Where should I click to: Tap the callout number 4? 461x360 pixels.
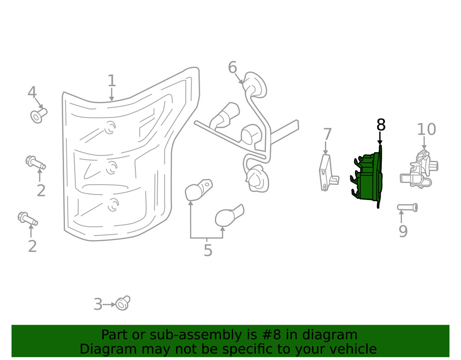pyautogui.click(x=32, y=92)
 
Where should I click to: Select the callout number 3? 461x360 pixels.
pyautogui.click(x=98, y=305)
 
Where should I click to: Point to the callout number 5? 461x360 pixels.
pyautogui.click(x=208, y=250)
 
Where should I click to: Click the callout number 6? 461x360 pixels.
pyautogui.click(x=232, y=67)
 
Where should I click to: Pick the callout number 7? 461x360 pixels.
pyautogui.click(x=327, y=134)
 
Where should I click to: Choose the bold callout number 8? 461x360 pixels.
pyautogui.click(x=381, y=124)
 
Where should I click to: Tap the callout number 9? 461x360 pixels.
pyautogui.click(x=403, y=231)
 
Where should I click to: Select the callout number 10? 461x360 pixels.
pyautogui.click(x=426, y=130)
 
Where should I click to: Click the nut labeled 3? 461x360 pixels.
pyautogui.click(x=123, y=303)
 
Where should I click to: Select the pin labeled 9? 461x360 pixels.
pyautogui.click(x=407, y=207)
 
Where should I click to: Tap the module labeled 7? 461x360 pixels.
pyautogui.click(x=328, y=173)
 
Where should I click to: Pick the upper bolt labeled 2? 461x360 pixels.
pyautogui.click(x=35, y=163)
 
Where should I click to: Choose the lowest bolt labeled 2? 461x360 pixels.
pyautogui.click(x=28, y=218)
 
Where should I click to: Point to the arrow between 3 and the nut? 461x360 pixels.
pyautogui.click(x=109, y=305)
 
